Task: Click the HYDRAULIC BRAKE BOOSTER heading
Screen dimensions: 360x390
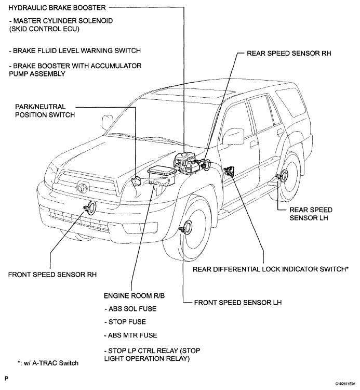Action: pos(57,8)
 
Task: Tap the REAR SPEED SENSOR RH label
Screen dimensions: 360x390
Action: pos(289,54)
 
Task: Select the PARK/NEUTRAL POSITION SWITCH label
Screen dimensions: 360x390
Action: pos(45,111)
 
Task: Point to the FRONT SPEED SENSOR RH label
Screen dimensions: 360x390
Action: pos(52,275)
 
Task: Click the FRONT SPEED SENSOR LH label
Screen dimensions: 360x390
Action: pos(238,303)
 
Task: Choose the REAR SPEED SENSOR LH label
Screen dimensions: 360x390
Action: pos(311,214)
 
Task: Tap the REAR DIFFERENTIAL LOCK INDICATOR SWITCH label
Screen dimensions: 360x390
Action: pos(271,269)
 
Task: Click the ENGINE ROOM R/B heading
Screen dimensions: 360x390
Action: pos(134,296)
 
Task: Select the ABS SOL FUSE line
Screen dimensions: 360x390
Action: pos(130,309)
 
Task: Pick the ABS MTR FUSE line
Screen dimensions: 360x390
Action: pos(130,335)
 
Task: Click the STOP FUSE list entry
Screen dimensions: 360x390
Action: pos(125,322)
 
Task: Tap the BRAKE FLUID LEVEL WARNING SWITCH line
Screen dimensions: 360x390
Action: pos(74,51)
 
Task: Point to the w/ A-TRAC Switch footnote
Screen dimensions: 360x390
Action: pos(48,363)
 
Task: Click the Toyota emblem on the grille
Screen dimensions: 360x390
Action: pos(82,187)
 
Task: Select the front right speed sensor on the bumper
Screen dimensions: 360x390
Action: pos(89,207)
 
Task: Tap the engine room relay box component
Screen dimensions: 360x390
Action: pos(163,176)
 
